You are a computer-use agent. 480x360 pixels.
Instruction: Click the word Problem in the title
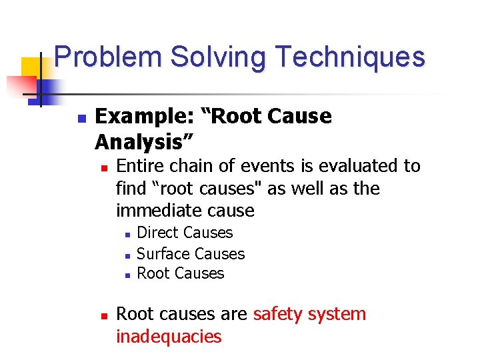click(x=109, y=57)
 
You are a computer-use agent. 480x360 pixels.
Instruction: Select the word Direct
click(x=157, y=233)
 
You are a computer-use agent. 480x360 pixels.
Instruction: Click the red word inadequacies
click(x=169, y=337)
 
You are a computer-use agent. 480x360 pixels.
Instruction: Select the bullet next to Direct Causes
click(x=126, y=234)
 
